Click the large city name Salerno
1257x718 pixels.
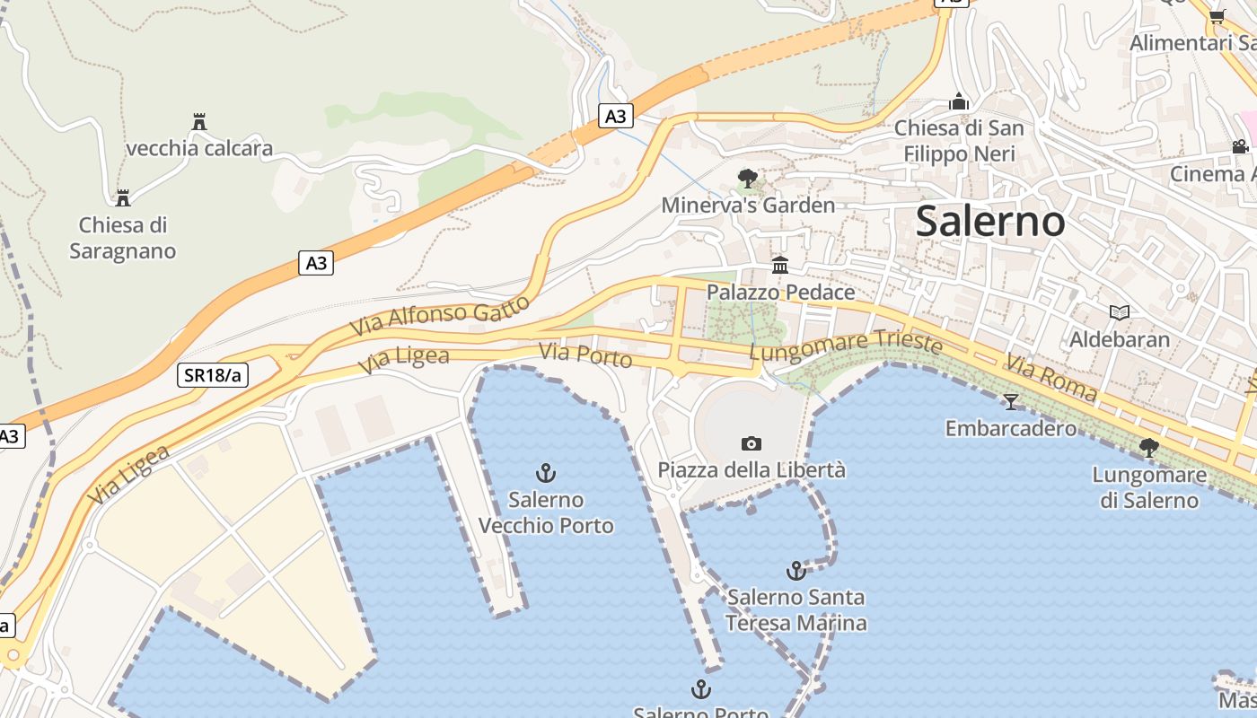[x=990, y=221]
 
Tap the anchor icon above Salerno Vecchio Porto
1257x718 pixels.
[x=545, y=472]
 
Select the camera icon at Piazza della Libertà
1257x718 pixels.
[x=752, y=443]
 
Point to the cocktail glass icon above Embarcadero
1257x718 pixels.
[x=1011, y=401]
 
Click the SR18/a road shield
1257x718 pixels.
[x=213, y=375]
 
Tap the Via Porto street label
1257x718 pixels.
[x=585, y=355]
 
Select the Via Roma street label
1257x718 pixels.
[x=1050, y=377]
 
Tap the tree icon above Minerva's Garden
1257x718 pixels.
[x=747, y=179]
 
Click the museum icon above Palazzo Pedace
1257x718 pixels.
[x=780, y=266]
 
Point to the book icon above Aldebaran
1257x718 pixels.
[x=1119, y=312]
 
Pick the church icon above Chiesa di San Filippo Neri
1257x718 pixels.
[x=959, y=101]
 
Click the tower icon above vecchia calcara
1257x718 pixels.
[x=199, y=122]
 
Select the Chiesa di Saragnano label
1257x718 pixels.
[x=123, y=238]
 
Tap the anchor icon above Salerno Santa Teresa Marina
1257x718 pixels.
[x=796, y=570]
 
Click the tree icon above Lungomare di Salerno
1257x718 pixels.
[x=1148, y=447]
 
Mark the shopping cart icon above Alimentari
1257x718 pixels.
[x=1217, y=16]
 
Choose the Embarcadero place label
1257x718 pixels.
[x=1011, y=428]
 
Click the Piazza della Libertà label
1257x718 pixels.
[x=752, y=469]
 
